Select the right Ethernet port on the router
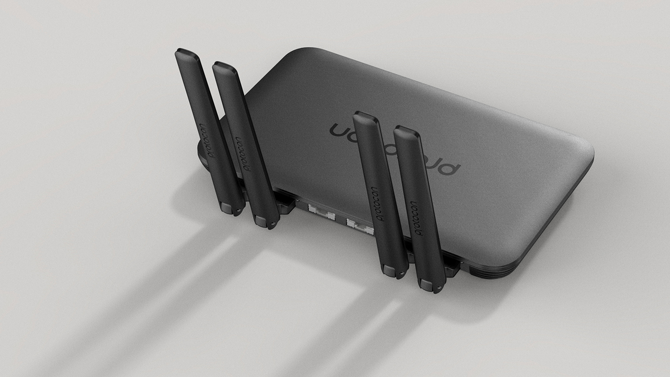(x=359, y=224)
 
